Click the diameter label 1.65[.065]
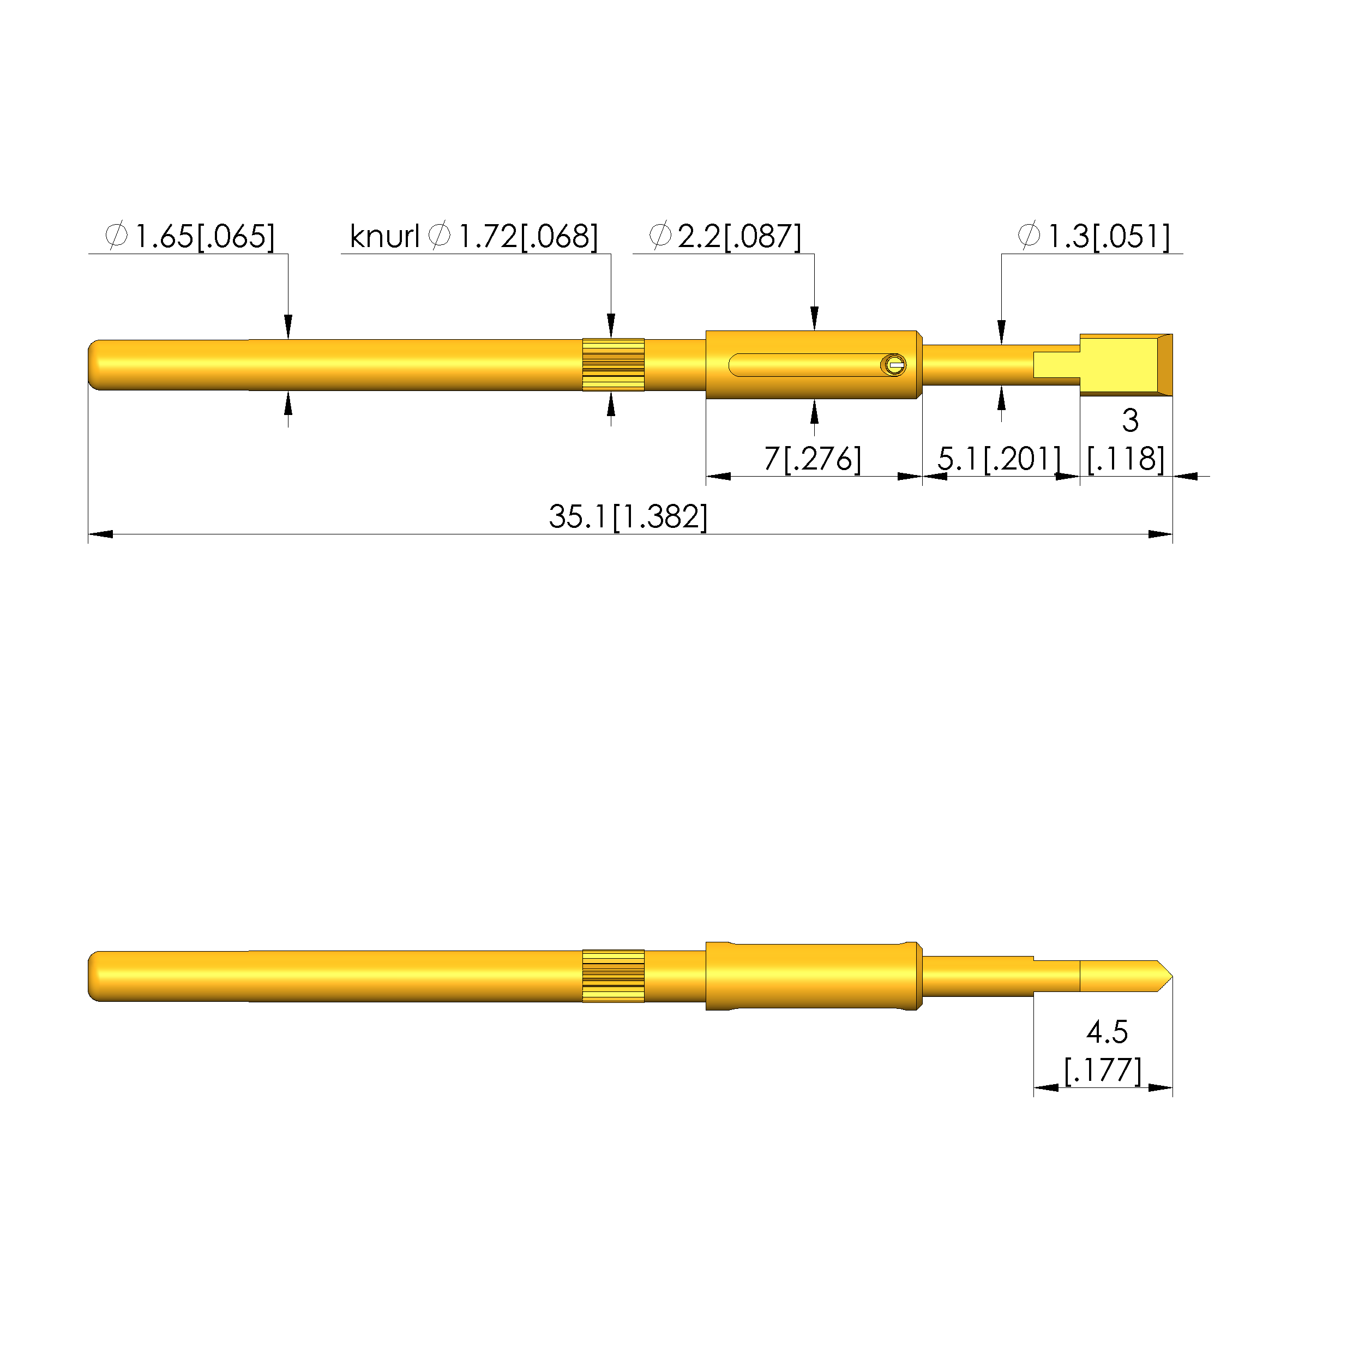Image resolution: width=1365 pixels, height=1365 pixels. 204,236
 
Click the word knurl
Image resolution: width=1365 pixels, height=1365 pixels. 385,236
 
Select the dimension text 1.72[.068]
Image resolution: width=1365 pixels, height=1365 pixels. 528,236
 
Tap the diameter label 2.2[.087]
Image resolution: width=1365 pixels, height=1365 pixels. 739,236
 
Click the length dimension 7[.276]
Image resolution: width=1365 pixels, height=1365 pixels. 813,459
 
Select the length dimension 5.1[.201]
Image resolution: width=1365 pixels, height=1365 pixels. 999,459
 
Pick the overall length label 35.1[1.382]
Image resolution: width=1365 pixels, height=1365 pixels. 628,516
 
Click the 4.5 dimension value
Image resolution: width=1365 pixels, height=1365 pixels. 1107,1032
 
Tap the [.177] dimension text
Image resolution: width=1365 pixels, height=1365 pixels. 1103,1069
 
